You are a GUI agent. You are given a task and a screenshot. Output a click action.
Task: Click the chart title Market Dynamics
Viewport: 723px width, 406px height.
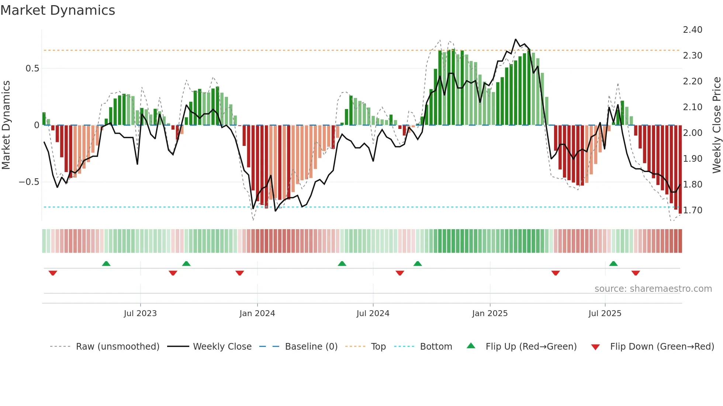[58, 10]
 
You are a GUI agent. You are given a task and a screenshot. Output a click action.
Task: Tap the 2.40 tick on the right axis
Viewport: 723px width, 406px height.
[692, 30]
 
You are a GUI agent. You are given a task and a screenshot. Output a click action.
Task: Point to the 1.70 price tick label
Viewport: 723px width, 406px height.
[692, 210]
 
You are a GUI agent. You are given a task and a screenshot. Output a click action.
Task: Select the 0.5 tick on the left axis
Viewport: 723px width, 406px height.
[32, 69]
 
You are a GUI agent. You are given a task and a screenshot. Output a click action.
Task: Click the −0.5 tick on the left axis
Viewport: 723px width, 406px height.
[29, 182]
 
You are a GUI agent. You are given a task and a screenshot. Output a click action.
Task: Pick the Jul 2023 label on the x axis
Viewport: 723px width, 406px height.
[140, 314]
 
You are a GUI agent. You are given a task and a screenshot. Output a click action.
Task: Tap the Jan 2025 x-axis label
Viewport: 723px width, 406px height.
[490, 314]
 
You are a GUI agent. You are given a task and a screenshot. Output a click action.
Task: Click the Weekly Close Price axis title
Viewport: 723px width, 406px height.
[716, 125]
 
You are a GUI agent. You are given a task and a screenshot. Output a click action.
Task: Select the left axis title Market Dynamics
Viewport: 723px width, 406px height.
[6, 125]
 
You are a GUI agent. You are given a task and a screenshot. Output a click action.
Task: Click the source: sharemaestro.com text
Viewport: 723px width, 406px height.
[653, 289]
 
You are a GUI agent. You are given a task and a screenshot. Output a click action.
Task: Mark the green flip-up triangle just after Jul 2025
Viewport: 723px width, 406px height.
[613, 264]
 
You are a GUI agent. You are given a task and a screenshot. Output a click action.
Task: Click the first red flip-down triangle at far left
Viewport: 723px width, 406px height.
[53, 273]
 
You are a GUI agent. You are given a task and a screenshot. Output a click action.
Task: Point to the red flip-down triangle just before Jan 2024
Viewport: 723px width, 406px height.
[240, 273]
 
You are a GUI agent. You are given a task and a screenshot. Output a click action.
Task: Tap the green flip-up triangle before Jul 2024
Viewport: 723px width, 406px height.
[342, 264]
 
